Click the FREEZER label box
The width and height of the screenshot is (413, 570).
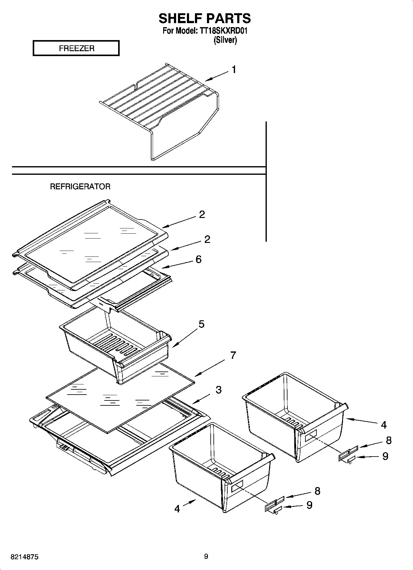[76, 48]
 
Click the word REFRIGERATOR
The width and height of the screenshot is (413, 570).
[80, 187]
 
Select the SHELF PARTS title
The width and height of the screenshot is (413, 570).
[204, 18]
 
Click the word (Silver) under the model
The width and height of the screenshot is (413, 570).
[225, 40]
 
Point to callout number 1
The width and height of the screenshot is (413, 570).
[234, 70]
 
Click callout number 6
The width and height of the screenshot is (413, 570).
[198, 259]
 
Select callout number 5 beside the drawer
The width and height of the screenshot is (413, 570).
[201, 324]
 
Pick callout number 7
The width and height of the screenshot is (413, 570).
[233, 355]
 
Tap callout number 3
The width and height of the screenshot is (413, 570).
[218, 390]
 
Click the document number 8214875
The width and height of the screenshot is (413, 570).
[24, 557]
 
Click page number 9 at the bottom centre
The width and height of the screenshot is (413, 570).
[206, 556]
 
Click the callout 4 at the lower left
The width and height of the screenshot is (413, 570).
[177, 508]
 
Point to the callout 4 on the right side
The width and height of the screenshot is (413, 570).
[383, 425]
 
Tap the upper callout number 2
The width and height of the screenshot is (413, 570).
[202, 214]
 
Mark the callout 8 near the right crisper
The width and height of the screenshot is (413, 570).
[388, 440]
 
